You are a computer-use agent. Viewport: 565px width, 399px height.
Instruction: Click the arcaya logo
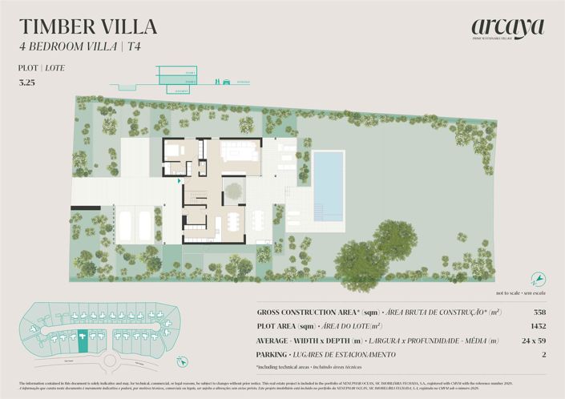pos(507,28)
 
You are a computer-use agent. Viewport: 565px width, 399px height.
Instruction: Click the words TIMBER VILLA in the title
pos(88,26)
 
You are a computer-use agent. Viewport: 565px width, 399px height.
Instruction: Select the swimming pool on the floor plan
pos(329,186)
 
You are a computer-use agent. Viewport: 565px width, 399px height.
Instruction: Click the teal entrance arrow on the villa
pos(179,181)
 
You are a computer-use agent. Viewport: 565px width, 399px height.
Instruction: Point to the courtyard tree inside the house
pos(233,191)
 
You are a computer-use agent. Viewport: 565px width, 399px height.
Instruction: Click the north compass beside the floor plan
pos(540,278)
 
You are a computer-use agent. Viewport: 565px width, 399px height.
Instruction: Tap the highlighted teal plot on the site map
pos(83,342)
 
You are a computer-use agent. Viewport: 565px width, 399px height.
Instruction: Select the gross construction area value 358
pos(539,312)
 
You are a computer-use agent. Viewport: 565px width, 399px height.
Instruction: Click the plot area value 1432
pos(538,326)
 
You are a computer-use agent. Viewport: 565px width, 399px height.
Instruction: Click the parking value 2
pos(543,355)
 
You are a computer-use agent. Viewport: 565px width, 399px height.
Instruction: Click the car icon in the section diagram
pos(227,81)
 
